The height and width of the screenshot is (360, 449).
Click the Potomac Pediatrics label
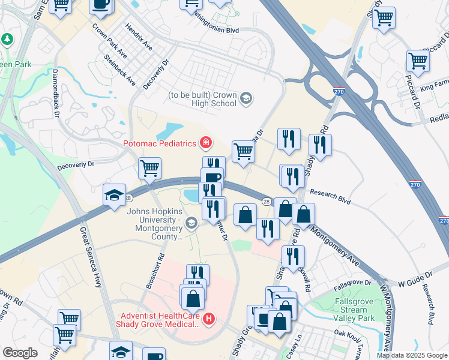point(161,143)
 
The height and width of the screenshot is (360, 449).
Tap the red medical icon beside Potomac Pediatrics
point(206,142)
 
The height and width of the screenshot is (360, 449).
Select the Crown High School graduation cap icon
point(246,98)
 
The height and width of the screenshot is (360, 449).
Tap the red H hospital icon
point(209,319)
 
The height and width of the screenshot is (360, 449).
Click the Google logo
point(19,353)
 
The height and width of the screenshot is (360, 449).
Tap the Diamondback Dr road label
point(56,92)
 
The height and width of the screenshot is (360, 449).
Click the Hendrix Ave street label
point(139,37)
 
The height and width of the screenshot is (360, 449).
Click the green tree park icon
point(7,40)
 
